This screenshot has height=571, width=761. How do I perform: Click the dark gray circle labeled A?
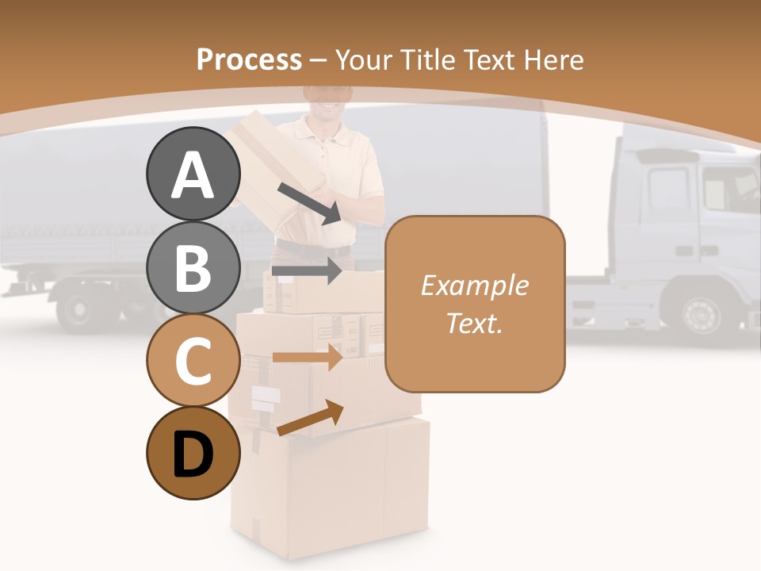pos(193,174)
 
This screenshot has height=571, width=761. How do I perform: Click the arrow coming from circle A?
pos(310,203)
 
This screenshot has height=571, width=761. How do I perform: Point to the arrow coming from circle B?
pos(307,270)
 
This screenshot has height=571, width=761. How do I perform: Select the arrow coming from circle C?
pos(307,357)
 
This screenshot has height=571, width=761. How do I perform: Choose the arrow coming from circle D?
pos(310,418)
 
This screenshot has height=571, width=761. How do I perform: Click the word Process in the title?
pos(249,59)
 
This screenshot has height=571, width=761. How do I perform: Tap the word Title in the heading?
pos(429,59)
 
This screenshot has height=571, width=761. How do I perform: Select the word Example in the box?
pos(474,285)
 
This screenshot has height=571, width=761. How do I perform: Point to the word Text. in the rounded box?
pos(474,323)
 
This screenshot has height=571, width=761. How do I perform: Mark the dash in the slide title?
pos(319,59)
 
